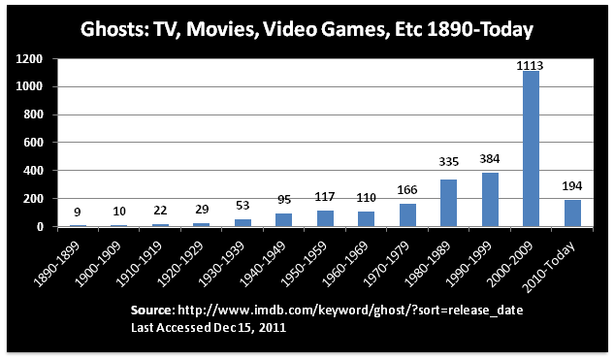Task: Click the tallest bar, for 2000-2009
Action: tap(531, 148)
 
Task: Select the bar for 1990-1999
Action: tap(490, 200)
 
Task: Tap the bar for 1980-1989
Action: tap(449, 203)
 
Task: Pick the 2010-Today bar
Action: tap(572, 213)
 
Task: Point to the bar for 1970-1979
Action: tap(407, 215)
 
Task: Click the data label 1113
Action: tap(530, 65)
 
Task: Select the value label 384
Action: tap(490, 158)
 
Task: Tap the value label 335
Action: tap(448, 161)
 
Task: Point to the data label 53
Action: tap(242, 206)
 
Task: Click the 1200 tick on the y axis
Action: tap(29, 59)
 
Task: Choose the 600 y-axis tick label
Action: tap(33, 143)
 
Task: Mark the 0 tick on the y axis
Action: tap(39, 227)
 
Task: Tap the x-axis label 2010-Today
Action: tap(549, 267)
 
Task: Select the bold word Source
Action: tap(152, 311)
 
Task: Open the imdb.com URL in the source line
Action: tap(350, 311)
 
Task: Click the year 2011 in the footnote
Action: tap(272, 327)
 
